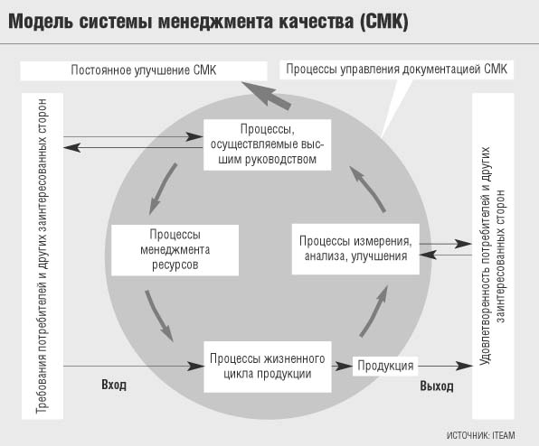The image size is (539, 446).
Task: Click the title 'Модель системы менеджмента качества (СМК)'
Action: [208, 22]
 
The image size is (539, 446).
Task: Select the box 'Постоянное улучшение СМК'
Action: [144, 70]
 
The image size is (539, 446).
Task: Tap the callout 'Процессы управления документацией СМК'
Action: [396, 69]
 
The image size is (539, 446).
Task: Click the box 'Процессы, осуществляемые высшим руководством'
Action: [267, 144]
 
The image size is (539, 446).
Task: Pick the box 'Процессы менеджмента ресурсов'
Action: [175, 250]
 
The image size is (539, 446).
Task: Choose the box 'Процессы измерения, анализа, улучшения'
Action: [355, 249]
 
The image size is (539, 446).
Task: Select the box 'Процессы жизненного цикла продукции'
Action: [268, 367]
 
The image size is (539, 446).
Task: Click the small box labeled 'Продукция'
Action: [385, 366]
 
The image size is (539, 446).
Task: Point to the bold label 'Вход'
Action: [114, 385]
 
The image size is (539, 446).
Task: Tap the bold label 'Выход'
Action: [437, 386]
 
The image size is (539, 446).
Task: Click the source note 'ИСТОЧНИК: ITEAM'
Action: [480, 435]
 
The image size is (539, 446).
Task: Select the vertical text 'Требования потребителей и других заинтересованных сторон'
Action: [42, 256]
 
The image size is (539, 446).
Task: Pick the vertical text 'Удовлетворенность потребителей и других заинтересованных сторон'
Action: [493, 256]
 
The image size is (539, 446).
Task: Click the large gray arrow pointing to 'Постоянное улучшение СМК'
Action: [267, 95]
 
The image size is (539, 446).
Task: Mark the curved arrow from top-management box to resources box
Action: [162, 188]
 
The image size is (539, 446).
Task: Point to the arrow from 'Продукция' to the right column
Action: [445, 366]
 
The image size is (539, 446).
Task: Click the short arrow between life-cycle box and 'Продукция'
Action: [342, 366]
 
